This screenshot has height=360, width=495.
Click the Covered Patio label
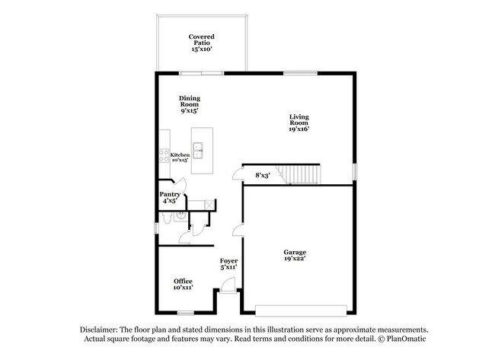click(x=202, y=42)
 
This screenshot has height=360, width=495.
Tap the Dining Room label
click(x=190, y=104)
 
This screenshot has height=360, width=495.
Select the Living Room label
click(x=299, y=123)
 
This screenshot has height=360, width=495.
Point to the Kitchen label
click(x=180, y=158)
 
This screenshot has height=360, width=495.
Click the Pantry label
click(x=170, y=198)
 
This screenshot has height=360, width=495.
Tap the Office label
click(x=183, y=284)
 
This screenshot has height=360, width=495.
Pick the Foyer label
click(x=228, y=264)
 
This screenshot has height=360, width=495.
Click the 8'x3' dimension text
click(x=263, y=176)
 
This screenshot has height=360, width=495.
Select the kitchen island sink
click(x=200, y=151)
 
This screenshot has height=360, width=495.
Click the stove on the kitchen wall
click(x=164, y=158)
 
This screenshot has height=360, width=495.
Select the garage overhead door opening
click(x=299, y=311)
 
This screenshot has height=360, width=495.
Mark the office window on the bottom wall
click(x=185, y=313)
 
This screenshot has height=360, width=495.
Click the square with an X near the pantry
click(x=210, y=205)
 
